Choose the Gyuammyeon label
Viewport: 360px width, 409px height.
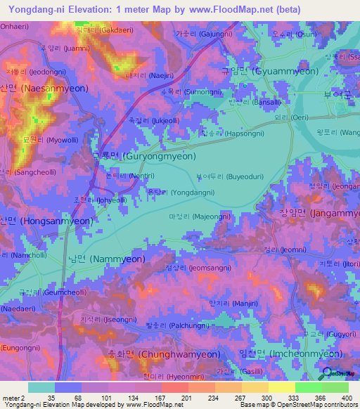click(270, 72)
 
